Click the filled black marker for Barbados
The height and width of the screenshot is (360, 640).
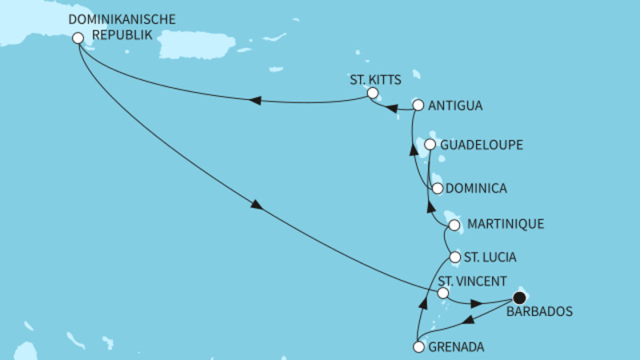tap(518, 298)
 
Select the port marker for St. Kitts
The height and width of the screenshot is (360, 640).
tap(372, 94)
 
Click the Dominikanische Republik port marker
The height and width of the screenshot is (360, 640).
tap(78, 38)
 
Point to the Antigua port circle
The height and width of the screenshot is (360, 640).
tap(417, 105)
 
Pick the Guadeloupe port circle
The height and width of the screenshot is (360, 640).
tap(430, 145)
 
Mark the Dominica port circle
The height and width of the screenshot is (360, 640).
tap(437, 189)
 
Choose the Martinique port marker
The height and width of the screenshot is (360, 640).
tap(454, 225)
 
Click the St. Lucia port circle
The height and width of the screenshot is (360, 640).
tap(455, 258)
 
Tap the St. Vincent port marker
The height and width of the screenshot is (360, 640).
tap(443, 294)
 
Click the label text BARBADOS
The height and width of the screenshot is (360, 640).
tap(539, 312)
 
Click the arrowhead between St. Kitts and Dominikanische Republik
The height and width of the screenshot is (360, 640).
tap(255, 100)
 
